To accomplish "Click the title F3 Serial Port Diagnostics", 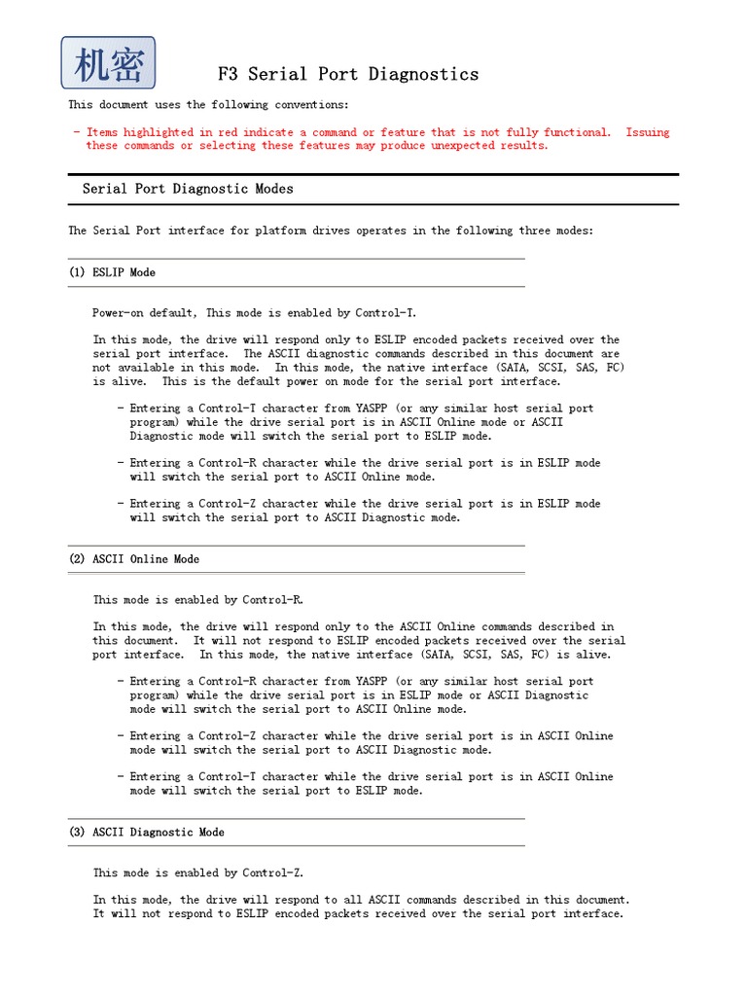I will point(346,74).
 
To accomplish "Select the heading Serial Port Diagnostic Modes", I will point(188,189).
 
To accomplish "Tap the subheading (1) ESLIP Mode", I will point(112,272).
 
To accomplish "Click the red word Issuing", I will point(647,132).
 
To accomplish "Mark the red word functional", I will point(577,132).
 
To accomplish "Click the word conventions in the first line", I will point(313,105).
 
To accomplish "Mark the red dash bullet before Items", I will point(76,132).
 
